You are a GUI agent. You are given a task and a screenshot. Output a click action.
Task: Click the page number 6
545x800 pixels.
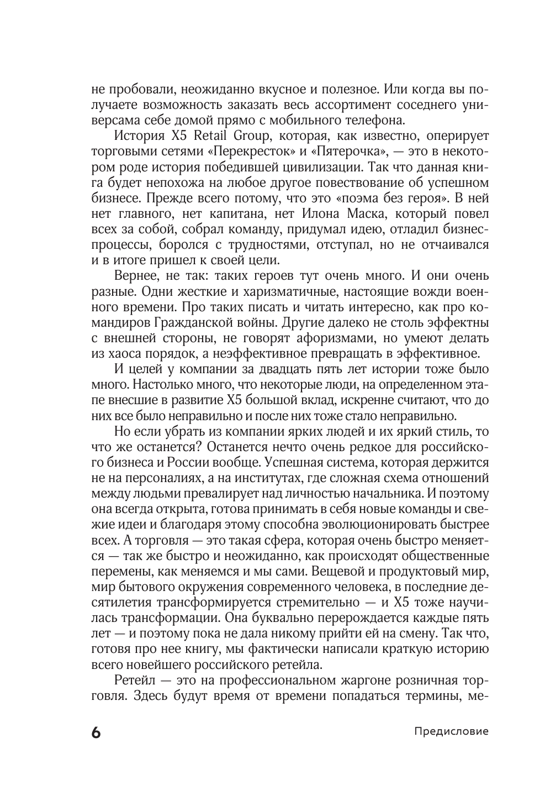96,732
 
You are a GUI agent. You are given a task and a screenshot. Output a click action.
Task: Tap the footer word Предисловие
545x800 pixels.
451,731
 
